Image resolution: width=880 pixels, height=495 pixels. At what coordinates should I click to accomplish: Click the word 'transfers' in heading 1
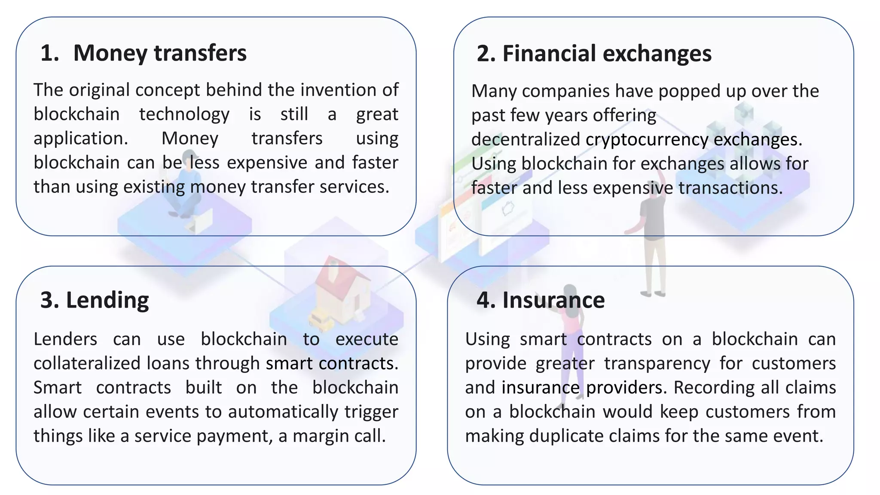pyautogui.click(x=200, y=53)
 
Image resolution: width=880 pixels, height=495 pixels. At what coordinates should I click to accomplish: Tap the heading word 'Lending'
pyautogui.click(x=107, y=300)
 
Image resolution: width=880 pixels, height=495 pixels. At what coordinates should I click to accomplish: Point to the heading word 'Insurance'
pyautogui.click(x=553, y=300)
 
